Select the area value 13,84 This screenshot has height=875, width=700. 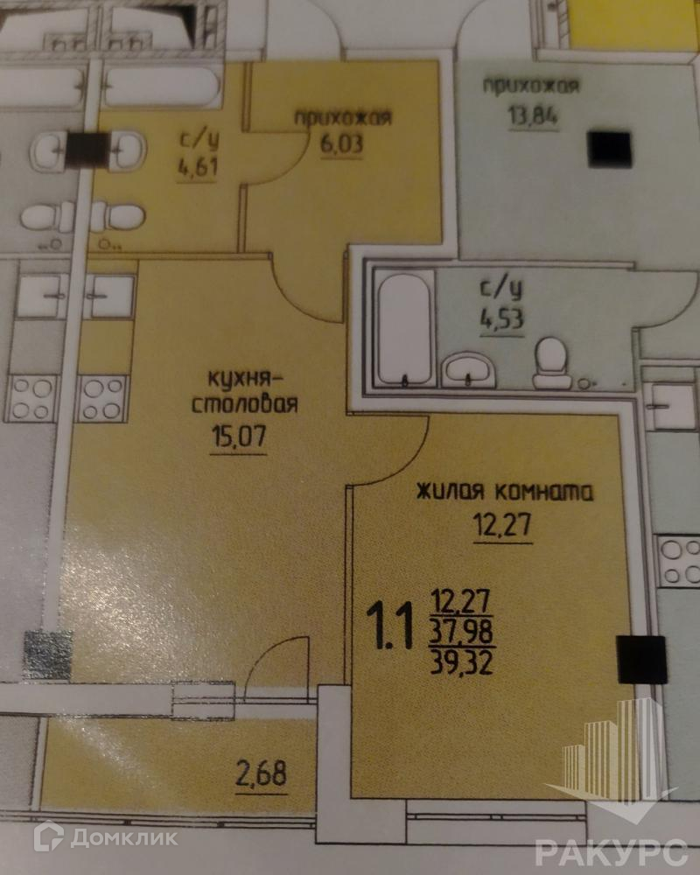coord(528,115)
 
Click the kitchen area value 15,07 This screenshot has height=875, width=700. coord(237,434)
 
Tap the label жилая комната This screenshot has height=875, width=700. coord(505,491)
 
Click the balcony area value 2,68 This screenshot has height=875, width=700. coord(261,773)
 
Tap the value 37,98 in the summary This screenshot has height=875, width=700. coord(461,632)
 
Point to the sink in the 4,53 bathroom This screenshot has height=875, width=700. coord(470,370)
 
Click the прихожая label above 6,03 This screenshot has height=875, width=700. coord(342,117)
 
